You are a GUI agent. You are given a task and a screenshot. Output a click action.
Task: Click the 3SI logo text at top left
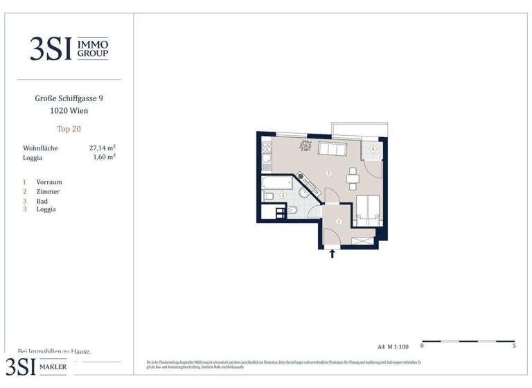tap(51, 48)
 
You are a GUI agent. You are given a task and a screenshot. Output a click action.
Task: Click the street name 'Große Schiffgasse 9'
tap(69, 98)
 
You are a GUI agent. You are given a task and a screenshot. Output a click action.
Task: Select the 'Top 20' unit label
tap(69, 128)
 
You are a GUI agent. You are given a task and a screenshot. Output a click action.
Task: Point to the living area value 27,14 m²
tap(102, 148)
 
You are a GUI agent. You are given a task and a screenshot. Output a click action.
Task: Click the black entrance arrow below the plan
tap(332, 254)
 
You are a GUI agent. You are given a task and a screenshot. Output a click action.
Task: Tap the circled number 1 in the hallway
tap(339, 222)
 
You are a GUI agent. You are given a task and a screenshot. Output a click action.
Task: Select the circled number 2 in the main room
tap(329, 173)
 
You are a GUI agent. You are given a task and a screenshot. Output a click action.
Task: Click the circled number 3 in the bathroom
tap(283, 195)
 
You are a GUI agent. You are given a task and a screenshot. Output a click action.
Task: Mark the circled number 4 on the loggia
tap(373, 149)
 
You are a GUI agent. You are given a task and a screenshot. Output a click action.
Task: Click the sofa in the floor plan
tap(332, 149)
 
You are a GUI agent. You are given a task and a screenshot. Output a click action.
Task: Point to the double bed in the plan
tap(367, 208)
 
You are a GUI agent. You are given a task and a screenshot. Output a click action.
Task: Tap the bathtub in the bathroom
tap(275, 184)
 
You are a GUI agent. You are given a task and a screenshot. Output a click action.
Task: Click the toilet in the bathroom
tap(292, 210)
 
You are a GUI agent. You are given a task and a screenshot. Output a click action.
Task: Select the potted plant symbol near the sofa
tap(305, 145)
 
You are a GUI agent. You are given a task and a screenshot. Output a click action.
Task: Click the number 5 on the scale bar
tap(514, 345)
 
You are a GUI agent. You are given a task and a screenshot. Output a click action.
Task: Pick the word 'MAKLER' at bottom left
tap(53, 367)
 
